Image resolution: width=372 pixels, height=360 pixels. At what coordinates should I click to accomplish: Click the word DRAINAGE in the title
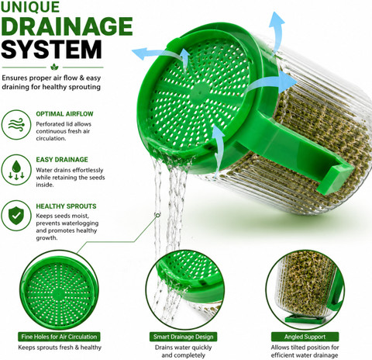67,26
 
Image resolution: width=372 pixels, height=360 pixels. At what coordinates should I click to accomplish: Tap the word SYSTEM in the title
51,50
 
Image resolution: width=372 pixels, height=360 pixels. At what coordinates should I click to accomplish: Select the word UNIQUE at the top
30,7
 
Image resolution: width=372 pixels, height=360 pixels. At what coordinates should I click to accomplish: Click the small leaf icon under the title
54,67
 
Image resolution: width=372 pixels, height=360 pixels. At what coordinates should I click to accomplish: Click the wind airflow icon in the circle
16,125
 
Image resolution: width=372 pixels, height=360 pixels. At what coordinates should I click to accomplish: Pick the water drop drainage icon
16,170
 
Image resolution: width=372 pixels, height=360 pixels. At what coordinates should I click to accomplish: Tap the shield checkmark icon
16,216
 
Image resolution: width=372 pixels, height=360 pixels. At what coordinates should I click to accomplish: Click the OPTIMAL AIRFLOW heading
64,114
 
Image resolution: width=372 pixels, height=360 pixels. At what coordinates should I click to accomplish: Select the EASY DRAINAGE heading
62,160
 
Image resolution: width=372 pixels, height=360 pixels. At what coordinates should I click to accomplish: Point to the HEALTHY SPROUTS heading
66,206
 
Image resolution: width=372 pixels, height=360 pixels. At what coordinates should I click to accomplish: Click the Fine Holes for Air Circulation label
59,337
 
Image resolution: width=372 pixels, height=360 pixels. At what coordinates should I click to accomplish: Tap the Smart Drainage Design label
184,337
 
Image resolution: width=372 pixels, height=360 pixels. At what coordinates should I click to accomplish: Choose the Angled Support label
305,337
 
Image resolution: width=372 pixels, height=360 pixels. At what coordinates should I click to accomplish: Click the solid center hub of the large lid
200,92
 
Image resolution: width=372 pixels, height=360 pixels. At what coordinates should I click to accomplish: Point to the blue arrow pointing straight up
277,31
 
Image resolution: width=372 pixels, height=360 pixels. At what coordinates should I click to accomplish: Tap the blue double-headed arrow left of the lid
160,55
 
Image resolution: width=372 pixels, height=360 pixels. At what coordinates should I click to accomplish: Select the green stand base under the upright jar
305,319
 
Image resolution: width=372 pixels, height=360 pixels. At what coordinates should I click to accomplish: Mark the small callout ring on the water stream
157,215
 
